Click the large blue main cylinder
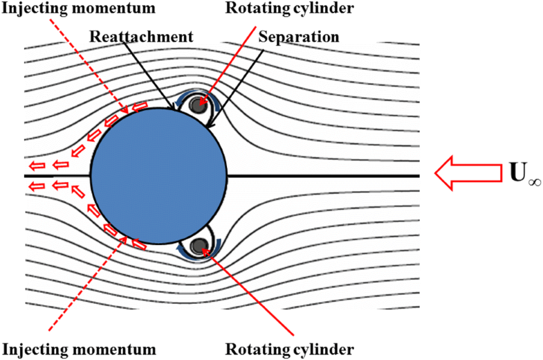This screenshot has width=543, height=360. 160,175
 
